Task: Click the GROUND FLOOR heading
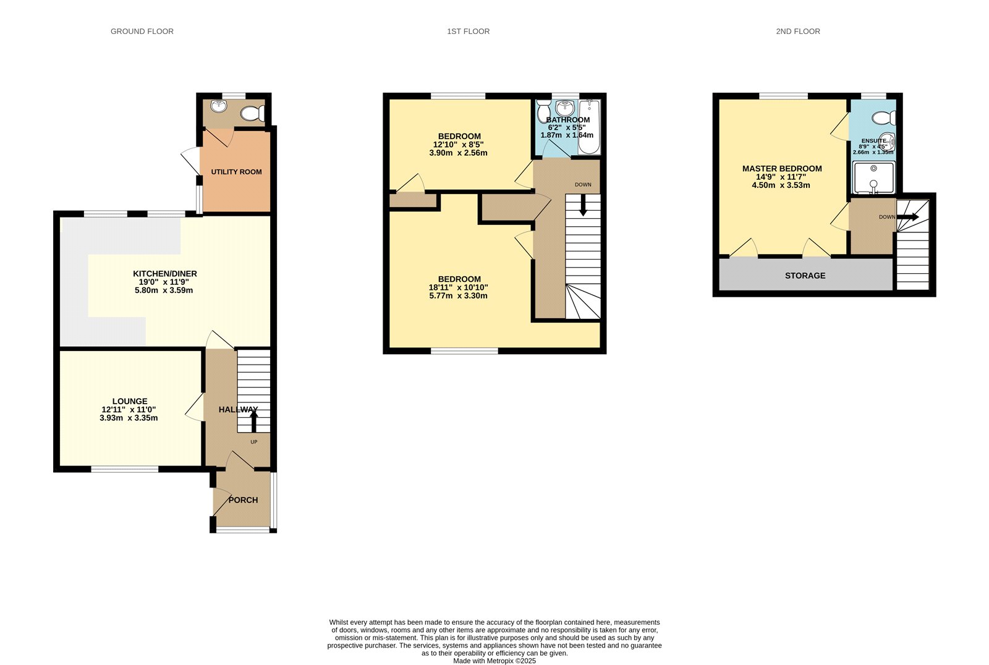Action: click(x=142, y=31)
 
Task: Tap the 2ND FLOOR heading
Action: click(x=797, y=31)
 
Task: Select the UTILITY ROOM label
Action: click(x=236, y=172)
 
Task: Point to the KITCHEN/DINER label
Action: click(x=164, y=274)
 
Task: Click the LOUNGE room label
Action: click(x=130, y=401)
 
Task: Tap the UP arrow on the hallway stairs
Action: click(x=253, y=422)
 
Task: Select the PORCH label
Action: click(x=243, y=500)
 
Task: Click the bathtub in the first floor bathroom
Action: click(x=589, y=127)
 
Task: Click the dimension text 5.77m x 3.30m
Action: click(x=458, y=296)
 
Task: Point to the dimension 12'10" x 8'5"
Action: click(x=458, y=145)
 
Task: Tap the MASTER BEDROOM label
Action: click(x=782, y=169)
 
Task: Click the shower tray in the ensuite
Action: click(x=873, y=178)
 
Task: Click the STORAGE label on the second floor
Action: click(x=805, y=276)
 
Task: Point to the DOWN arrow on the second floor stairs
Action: click(x=908, y=218)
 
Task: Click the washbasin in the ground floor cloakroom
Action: click(x=218, y=106)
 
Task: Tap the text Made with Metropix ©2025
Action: click(x=494, y=661)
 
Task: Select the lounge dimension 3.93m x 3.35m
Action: click(x=129, y=418)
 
